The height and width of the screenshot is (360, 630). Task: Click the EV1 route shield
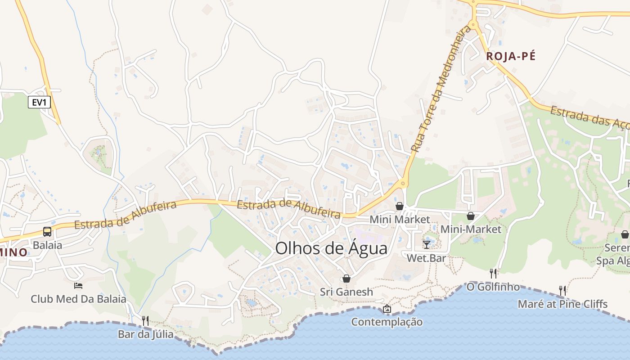click(x=39, y=102)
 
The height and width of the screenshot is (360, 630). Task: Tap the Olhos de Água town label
click(x=331, y=248)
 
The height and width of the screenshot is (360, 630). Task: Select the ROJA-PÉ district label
click(x=511, y=56)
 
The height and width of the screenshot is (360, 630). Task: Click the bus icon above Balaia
click(x=47, y=232)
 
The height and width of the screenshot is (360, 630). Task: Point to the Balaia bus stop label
click(x=47, y=245)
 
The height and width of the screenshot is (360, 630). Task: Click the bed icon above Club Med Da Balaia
click(x=78, y=285)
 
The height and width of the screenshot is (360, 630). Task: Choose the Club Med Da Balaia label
click(x=78, y=299)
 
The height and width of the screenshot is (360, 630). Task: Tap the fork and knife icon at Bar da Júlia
click(x=145, y=320)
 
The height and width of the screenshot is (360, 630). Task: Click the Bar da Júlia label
click(x=145, y=334)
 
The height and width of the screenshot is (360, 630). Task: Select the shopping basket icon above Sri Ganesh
click(x=346, y=279)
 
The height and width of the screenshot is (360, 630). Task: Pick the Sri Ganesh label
click(x=346, y=292)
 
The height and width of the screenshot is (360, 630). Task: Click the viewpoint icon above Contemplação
click(x=387, y=309)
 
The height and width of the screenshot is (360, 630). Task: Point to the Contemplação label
click(x=387, y=322)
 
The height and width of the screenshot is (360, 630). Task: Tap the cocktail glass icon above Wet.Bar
click(x=426, y=244)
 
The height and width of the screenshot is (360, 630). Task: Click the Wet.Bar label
click(x=426, y=258)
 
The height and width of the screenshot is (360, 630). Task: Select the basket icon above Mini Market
click(x=400, y=206)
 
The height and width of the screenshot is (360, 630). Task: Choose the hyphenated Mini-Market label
click(x=471, y=229)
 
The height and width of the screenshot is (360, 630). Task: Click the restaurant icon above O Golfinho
click(x=493, y=273)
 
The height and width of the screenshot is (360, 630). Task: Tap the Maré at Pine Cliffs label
click(x=562, y=304)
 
